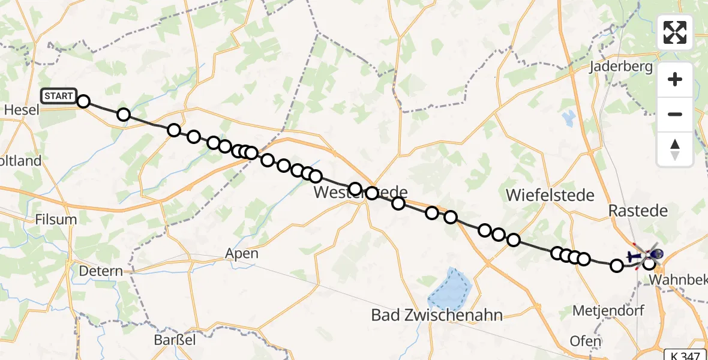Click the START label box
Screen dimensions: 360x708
pyautogui.click(x=59, y=96)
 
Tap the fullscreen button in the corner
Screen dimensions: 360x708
pyautogui.click(x=675, y=32)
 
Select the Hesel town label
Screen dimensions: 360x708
pyautogui.click(x=22, y=110)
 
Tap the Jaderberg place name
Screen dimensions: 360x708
pyautogui.click(x=620, y=67)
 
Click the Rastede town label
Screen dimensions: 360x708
pyautogui.click(x=638, y=211)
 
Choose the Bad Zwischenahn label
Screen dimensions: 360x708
pyautogui.click(x=437, y=314)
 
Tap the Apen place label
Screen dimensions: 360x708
pyautogui.click(x=242, y=253)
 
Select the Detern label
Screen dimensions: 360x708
pyautogui.click(x=101, y=271)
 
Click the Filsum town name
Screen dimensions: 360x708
pyautogui.click(x=56, y=219)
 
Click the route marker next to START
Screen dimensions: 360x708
pyautogui.click(x=83, y=101)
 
